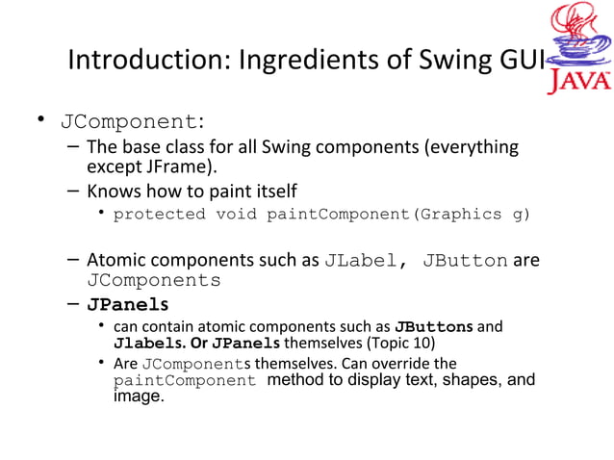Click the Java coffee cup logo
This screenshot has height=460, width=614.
point(578,48)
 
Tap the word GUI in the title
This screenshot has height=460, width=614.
point(520,60)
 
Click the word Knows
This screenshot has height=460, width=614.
point(115,190)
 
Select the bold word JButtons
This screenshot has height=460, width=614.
point(433,326)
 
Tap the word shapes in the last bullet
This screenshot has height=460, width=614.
point(462,380)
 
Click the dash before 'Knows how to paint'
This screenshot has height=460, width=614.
point(74,190)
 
